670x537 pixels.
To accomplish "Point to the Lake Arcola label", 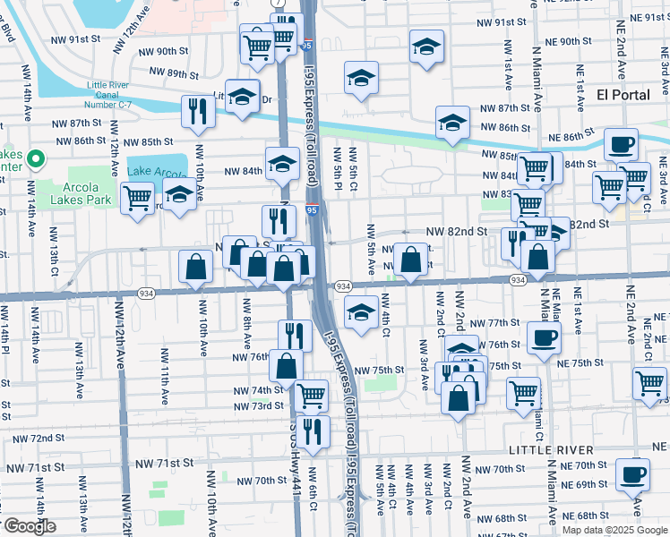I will point(157,171).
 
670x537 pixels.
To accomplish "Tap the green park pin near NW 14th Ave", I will point(35,160).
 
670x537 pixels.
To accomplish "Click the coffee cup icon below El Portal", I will point(620,143).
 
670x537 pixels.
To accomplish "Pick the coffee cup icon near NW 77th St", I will point(544,338).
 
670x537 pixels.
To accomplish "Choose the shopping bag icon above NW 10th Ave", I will point(195,265).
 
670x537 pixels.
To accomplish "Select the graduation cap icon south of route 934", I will point(361,311).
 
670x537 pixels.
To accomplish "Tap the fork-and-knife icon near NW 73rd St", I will point(312,430).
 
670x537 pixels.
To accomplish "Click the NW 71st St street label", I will point(164,464).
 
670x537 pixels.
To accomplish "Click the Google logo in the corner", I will point(29,526).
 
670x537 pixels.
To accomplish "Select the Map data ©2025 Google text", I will point(614,530).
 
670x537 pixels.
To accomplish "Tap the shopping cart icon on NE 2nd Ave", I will point(650,382).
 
